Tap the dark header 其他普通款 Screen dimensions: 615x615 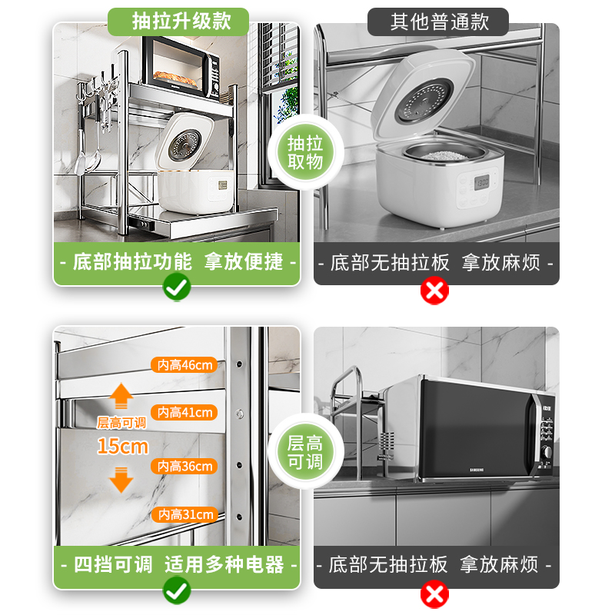(438, 21)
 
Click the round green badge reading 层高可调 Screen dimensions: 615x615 (305, 452)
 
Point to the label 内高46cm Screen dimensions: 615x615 (184, 365)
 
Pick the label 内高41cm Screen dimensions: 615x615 (184, 413)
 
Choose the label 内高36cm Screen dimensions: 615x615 (184, 466)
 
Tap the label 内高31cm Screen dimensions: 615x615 (184, 514)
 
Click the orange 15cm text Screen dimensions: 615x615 (122, 446)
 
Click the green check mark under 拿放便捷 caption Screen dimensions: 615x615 (178, 289)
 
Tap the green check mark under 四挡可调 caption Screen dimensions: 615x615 (178, 590)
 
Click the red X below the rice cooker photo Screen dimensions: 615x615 (434, 291)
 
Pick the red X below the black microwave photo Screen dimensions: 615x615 (434, 593)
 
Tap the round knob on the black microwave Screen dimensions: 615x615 (548, 452)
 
